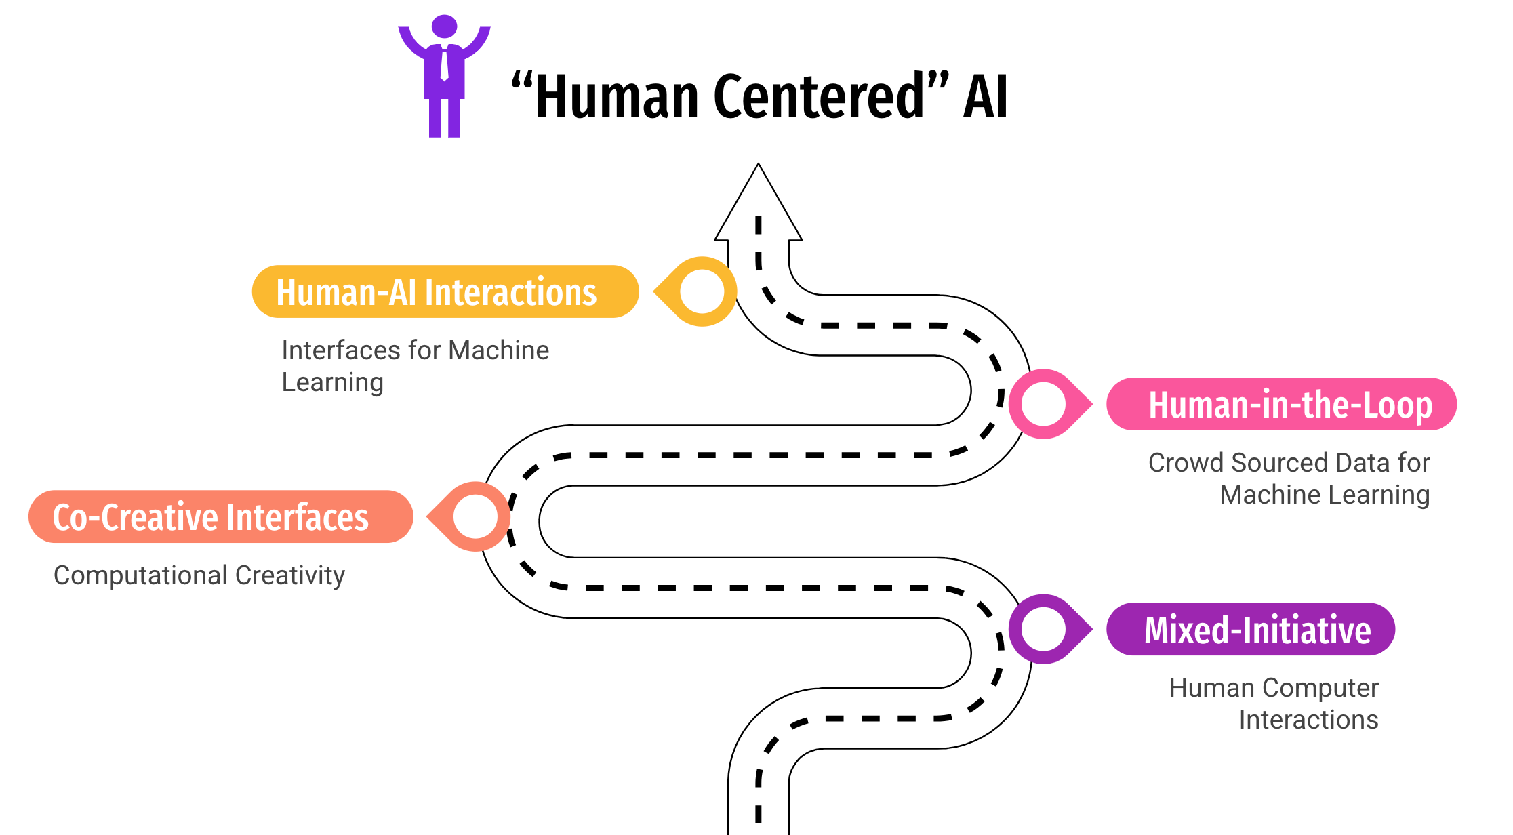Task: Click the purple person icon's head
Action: [444, 26]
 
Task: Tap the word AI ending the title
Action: [985, 97]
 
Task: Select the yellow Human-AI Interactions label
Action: [445, 292]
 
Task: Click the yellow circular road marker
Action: [702, 291]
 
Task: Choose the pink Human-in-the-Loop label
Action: [1281, 405]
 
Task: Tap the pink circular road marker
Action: [1043, 404]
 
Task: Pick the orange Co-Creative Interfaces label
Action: [220, 517]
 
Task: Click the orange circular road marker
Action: [475, 516]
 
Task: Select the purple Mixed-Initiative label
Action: [1251, 630]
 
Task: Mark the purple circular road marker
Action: [1043, 629]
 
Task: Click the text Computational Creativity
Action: [199, 575]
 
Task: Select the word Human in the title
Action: [617, 97]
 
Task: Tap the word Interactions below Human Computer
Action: [1308, 720]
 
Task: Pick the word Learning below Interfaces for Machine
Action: [332, 383]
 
